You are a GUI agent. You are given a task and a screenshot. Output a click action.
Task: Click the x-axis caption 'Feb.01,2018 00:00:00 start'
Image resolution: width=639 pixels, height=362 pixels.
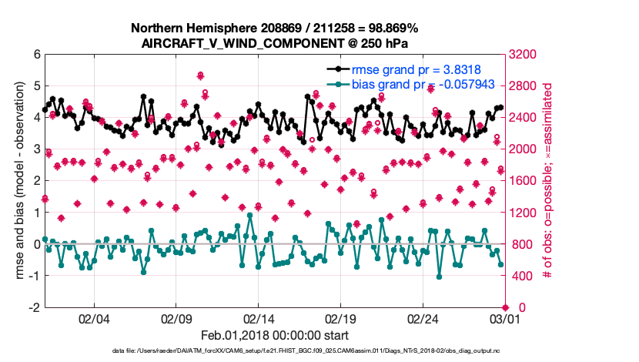tap(274, 335)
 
